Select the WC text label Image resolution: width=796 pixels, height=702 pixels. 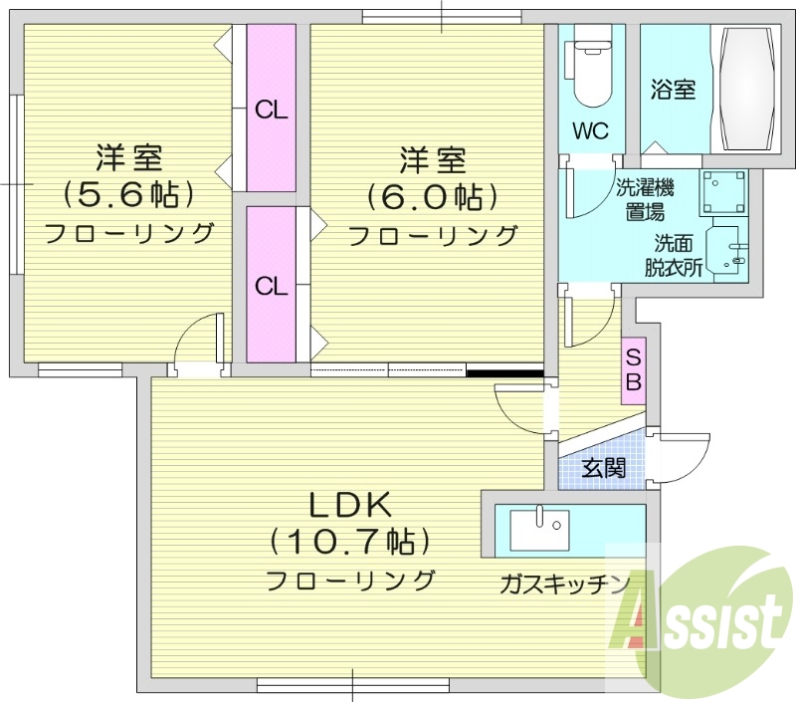tap(590, 130)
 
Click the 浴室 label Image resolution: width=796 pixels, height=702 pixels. tap(673, 90)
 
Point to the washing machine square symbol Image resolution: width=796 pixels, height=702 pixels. tap(722, 193)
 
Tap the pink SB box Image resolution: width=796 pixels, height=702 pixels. tap(634, 368)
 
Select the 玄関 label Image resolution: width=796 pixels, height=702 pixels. tap(603, 468)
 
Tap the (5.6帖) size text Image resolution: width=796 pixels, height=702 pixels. tap(129, 193)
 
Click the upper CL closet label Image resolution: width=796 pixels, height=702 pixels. tap(271, 111)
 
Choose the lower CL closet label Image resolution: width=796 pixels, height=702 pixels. tap(271, 287)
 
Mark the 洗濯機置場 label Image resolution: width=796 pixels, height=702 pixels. tap(646, 198)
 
